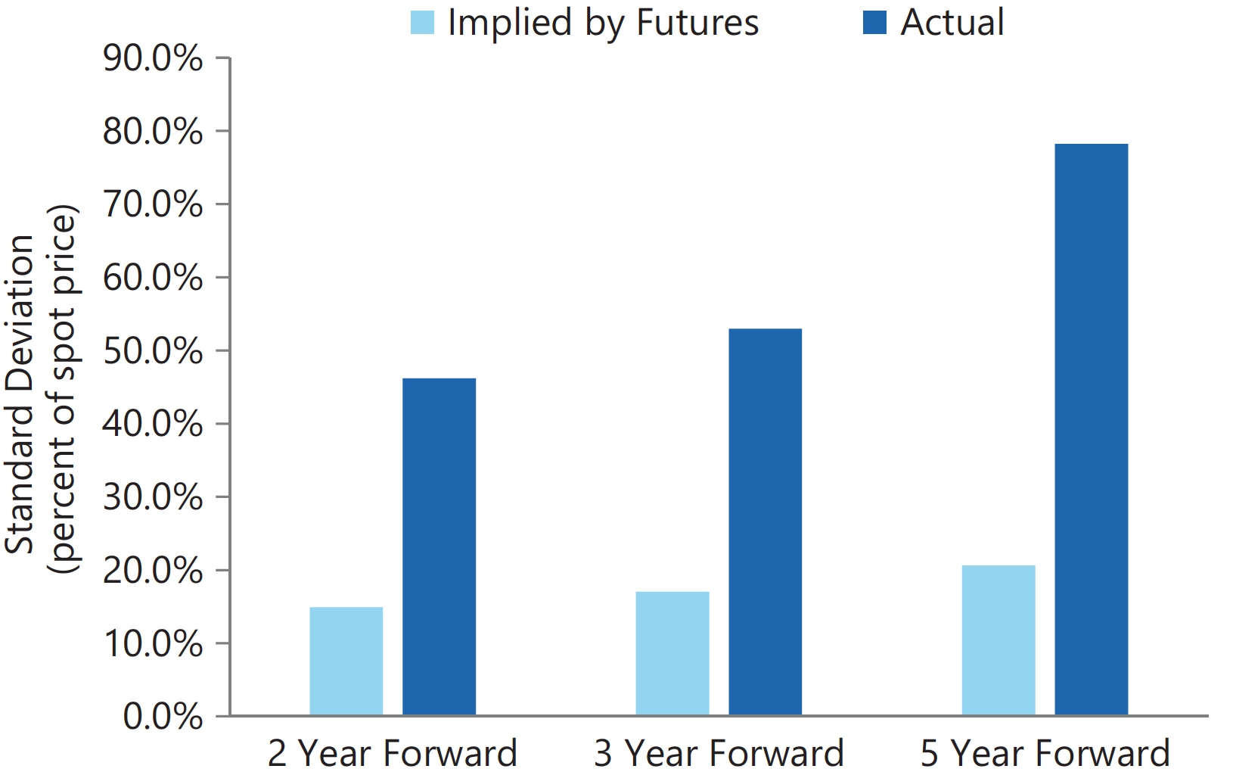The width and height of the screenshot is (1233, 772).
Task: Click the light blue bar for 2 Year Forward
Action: click(346, 661)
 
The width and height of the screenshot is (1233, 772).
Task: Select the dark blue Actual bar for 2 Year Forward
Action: click(439, 546)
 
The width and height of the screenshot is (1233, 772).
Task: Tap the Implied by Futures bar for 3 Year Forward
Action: click(672, 654)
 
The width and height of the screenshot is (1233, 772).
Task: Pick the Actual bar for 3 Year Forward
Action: click(765, 522)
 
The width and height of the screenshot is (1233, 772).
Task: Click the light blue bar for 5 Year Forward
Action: click(999, 640)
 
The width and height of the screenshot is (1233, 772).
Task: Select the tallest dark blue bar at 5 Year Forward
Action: click(1092, 429)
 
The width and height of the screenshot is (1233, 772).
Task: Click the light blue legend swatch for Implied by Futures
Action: click(422, 23)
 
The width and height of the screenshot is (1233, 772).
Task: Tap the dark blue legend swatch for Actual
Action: click(874, 23)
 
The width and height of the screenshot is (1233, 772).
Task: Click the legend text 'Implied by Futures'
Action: click(604, 23)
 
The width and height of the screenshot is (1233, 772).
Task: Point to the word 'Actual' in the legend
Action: click(952, 23)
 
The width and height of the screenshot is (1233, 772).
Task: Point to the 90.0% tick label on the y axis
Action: click(153, 58)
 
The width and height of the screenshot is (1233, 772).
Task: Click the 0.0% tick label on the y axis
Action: click(163, 717)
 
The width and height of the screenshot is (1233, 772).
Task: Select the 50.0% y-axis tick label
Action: click(153, 350)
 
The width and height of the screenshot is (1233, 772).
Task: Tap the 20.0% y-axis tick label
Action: click(153, 571)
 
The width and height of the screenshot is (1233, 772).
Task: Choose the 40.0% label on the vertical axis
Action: click(153, 424)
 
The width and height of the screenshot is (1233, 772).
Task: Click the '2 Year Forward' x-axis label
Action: click(393, 753)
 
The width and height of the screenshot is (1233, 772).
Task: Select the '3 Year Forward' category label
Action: click(719, 753)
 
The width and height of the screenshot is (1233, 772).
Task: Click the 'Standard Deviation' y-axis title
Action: click(20, 394)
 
